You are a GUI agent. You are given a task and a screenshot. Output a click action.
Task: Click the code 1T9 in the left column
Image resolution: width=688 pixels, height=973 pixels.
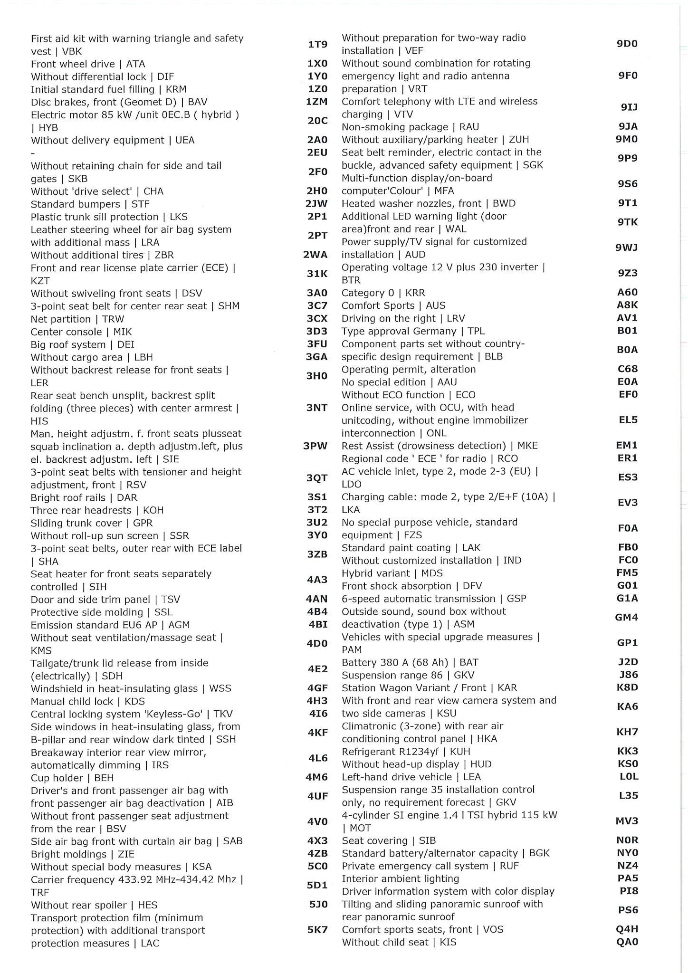pyautogui.click(x=317, y=45)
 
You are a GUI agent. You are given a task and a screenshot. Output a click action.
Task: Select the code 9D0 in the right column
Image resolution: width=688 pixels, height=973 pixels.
pyautogui.click(x=627, y=44)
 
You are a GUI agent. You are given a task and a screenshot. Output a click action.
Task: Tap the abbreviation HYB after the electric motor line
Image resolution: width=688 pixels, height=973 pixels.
pyautogui.click(x=48, y=127)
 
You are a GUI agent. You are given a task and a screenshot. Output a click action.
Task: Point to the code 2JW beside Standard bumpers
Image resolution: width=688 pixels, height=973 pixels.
pyautogui.click(x=316, y=204)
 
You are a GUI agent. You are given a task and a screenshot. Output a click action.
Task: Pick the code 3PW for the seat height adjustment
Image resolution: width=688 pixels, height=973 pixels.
pyautogui.click(x=315, y=446)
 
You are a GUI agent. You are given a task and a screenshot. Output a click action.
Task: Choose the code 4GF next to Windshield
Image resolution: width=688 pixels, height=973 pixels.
pyautogui.click(x=317, y=688)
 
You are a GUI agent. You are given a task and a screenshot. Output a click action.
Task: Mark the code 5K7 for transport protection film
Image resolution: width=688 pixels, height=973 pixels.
pyautogui.click(x=317, y=929)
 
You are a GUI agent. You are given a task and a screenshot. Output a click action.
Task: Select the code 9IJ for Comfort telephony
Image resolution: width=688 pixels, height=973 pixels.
pyautogui.click(x=629, y=107)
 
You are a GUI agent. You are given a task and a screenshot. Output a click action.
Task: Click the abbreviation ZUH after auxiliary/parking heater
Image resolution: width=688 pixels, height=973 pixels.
pyautogui.click(x=519, y=140)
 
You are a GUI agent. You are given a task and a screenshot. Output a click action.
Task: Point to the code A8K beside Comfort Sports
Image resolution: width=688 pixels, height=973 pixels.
pyautogui.click(x=627, y=305)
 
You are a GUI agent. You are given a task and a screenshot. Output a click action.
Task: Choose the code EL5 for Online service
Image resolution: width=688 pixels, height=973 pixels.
pyautogui.click(x=628, y=420)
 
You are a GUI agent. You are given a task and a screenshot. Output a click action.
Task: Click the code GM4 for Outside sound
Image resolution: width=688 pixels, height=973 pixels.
pyautogui.click(x=627, y=617)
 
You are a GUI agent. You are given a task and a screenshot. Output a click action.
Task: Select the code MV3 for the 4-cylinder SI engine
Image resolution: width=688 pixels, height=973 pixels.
pyautogui.click(x=627, y=821)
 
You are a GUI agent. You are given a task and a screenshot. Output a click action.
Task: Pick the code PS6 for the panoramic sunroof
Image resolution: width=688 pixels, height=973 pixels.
pyautogui.click(x=628, y=910)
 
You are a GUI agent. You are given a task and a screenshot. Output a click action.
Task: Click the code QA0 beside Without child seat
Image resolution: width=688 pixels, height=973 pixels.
pyautogui.click(x=627, y=942)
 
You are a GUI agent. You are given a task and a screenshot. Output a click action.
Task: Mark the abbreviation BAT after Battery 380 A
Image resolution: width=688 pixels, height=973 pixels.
pyautogui.click(x=469, y=662)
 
